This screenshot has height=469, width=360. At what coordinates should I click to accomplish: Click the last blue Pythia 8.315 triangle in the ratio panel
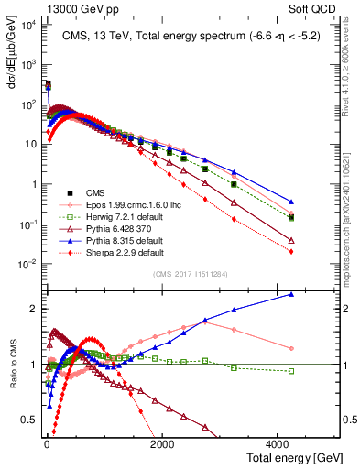tap(291, 294)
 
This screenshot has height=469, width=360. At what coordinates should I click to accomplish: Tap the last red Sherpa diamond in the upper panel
tap(291, 251)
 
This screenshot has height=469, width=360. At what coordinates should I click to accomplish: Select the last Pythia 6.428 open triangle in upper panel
tap(291, 240)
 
